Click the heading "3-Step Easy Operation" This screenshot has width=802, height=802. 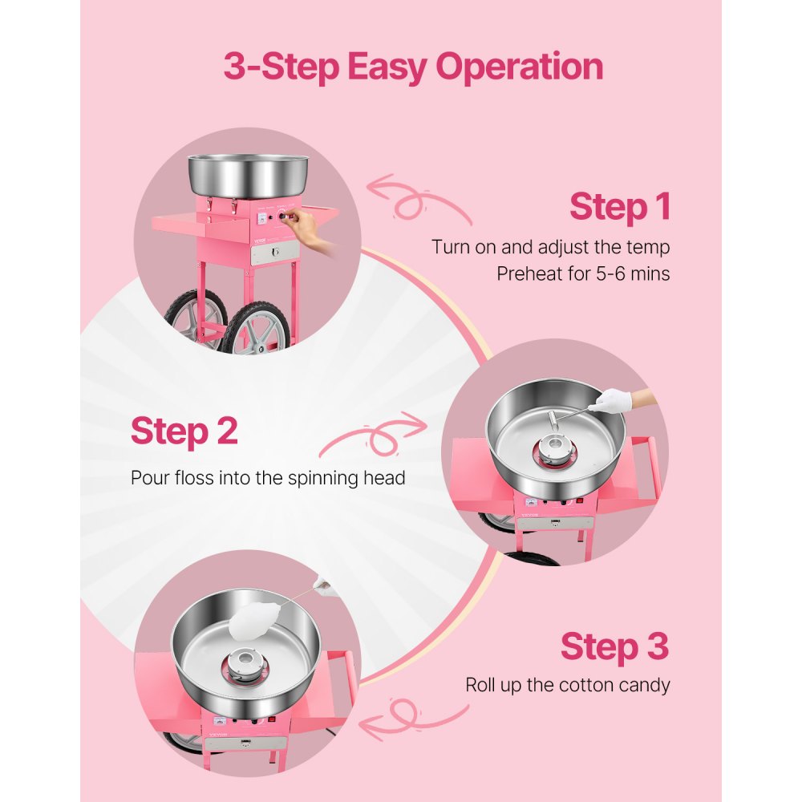(413, 67)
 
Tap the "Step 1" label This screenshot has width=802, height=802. (619, 207)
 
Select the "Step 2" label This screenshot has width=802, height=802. (184, 431)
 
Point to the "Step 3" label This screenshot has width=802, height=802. (614, 646)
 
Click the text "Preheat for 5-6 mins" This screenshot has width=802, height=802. (583, 273)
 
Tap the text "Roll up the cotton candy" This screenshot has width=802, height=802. (567, 686)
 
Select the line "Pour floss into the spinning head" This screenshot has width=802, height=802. (268, 478)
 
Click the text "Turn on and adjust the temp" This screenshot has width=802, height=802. (550, 246)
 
